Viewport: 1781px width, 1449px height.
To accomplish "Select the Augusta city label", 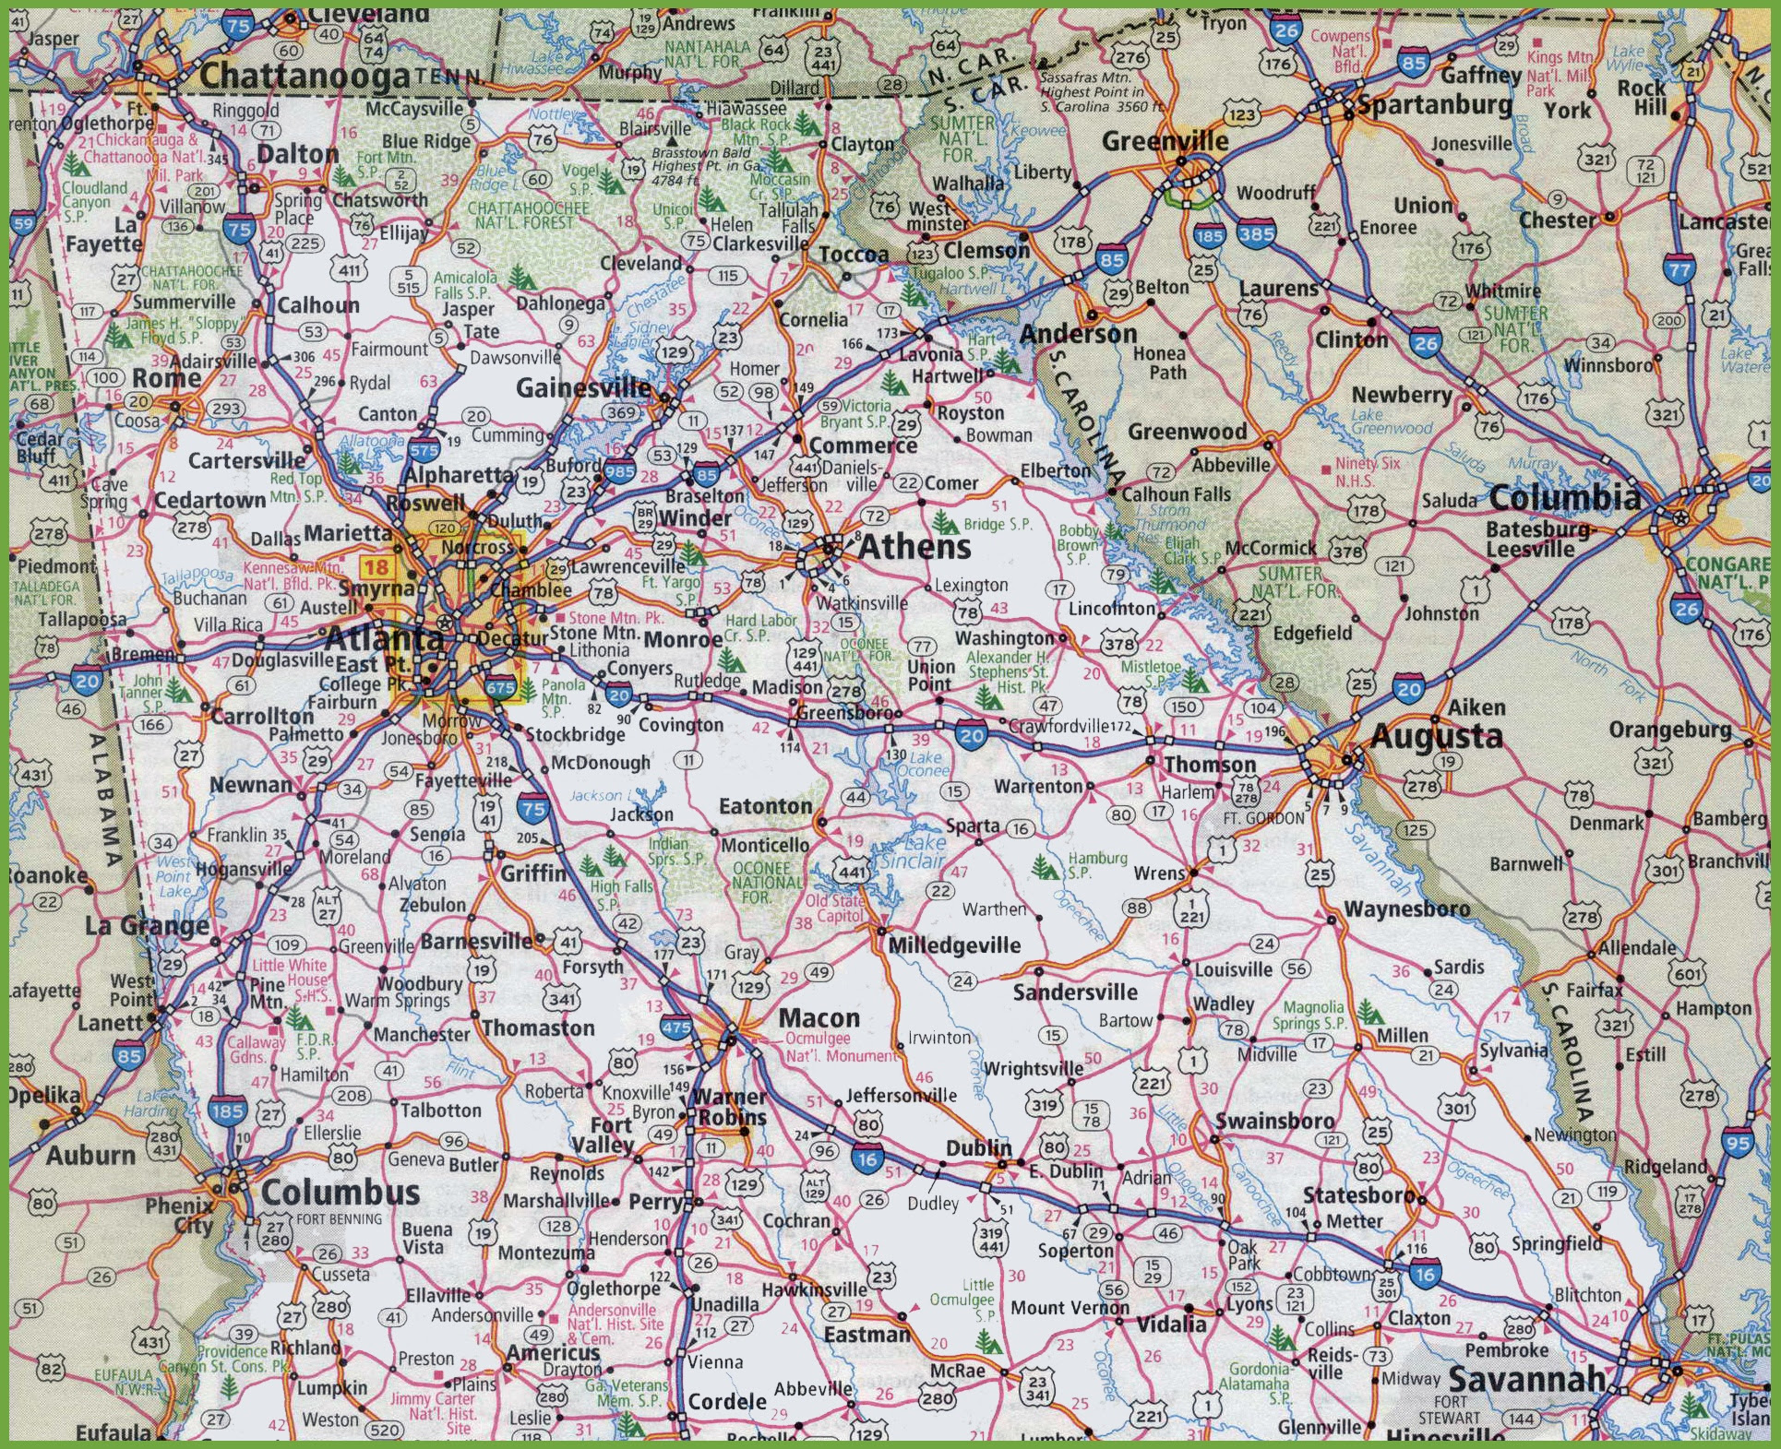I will pos(1436,736).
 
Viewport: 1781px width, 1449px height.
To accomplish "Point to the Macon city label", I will pos(819,1018).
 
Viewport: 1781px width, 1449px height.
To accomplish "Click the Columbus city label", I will pos(340,1192).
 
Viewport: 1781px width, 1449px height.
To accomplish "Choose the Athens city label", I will pos(914,547).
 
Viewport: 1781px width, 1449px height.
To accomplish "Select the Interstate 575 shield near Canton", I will pos(424,449).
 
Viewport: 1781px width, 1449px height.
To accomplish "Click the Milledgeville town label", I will pos(954,945).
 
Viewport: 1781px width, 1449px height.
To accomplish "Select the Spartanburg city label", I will pos(1433,105).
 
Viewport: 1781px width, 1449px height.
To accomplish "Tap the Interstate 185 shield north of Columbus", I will pos(226,1111).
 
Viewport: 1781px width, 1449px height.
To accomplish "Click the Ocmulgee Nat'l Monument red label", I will pos(839,1047).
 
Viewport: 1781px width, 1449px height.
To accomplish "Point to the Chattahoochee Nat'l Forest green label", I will pos(528,215).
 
